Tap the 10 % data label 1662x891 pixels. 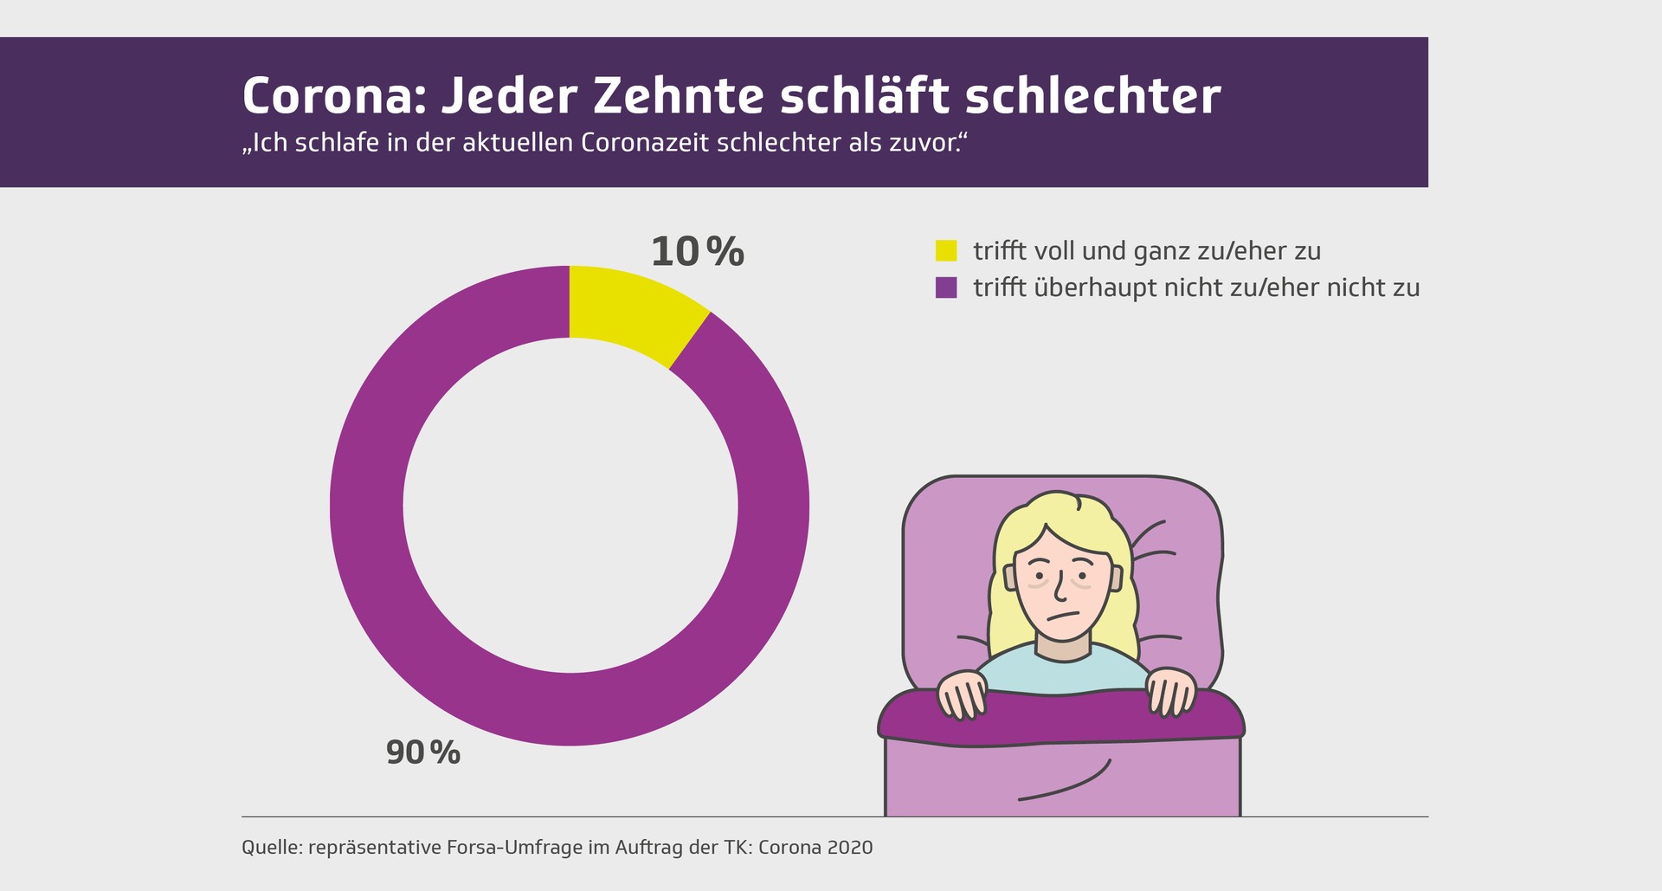[x=697, y=252]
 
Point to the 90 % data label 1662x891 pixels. [x=422, y=752]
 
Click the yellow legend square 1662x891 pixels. [x=946, y=251]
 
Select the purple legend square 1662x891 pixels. [x=946, y=287]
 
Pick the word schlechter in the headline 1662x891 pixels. [x=1092, y=96]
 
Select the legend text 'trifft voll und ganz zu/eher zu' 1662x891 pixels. [x=1147, y=251]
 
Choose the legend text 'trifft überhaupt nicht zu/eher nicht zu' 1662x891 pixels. [x=1196, y=287]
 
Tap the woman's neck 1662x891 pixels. [x=1063, y=649]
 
